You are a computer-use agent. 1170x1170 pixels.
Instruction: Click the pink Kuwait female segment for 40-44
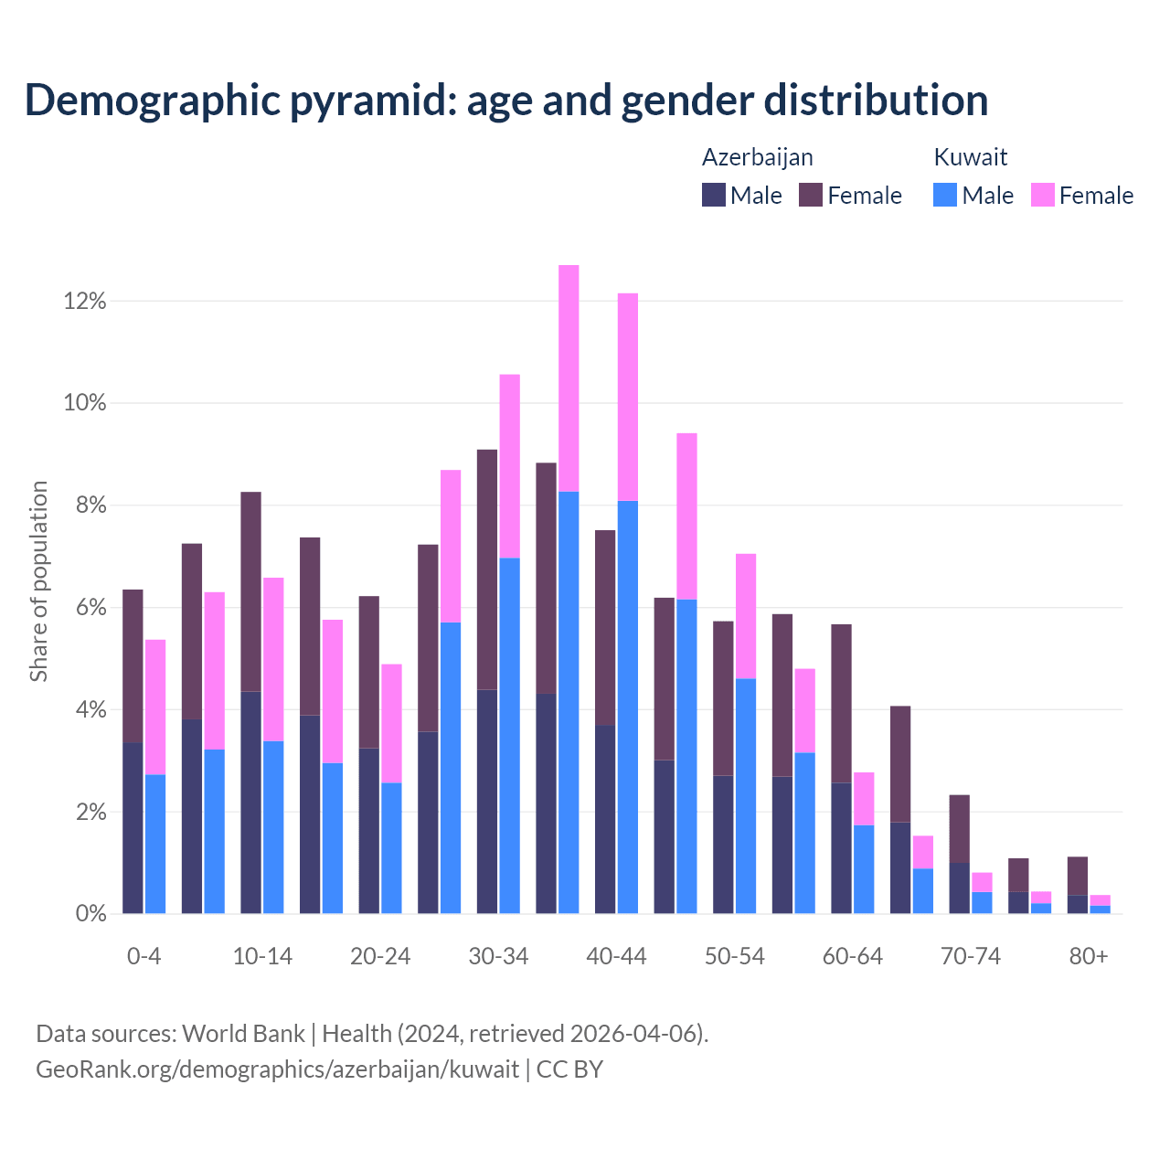click(x=628, y=397)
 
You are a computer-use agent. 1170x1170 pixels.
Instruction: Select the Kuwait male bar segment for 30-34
click(x=510, y=735)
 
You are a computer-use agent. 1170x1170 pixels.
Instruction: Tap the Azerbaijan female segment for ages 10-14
click(x=250, y=591)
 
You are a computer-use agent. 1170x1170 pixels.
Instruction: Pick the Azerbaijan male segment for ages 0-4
click(x=133, y=827)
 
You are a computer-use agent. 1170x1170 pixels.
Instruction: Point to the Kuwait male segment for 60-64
click(x=864, y=868)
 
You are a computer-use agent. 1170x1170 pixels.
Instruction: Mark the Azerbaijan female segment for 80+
click(x=1078, y=876)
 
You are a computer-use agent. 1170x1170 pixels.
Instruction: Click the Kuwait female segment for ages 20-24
click(x=391, y=723)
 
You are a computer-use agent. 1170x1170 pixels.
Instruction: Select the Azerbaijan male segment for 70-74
click(x=959, y=888)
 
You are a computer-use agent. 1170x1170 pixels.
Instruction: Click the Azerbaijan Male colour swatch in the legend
click(x=714, y=195)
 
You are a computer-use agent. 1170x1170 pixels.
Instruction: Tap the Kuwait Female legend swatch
click(x=1042, y=195)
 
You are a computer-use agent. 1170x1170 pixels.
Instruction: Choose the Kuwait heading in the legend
click(x=970, y=157)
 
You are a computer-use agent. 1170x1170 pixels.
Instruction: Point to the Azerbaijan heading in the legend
click(x=757, y=157)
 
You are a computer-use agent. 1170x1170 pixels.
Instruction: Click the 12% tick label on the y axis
click(x=85, y=301)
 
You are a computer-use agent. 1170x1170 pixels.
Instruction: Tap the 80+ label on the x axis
click(x=1089, y=956)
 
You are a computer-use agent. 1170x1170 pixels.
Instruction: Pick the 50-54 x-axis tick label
click(x=735, y=956)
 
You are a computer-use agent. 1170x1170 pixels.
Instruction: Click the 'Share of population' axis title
click(x=38, y=581)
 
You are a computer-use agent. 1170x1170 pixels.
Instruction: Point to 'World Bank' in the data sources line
click(x=243, y=1034)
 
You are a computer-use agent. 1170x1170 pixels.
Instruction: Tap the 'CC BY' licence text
click(x=569, y=1069)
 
